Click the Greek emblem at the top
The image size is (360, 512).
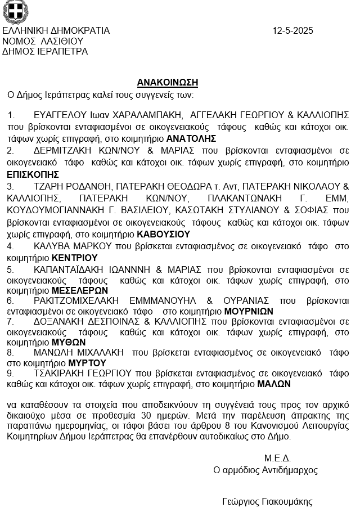point(15,11)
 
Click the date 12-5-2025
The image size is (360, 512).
point(292,31)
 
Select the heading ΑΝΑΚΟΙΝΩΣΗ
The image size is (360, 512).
point(167,82)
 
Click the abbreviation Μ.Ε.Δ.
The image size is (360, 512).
point(277,458)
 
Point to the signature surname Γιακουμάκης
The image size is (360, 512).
point(283,502)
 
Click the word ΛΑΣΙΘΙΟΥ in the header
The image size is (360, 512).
point(62,41)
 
